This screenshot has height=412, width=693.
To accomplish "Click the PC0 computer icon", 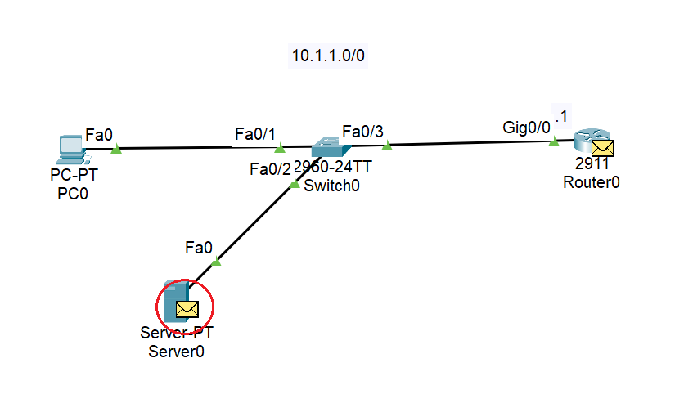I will click(x=70, y=147).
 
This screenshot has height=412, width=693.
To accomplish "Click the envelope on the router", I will click(x=603, y=148).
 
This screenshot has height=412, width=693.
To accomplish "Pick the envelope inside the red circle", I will click(x=187, y=309).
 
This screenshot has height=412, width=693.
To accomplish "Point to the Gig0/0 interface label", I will click(x=527, y=128).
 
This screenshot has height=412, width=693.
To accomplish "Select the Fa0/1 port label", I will click(x=255, y=133).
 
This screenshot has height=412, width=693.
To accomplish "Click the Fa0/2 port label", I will click(x=270, y=169).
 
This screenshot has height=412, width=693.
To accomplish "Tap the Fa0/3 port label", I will click(x=362, y=131).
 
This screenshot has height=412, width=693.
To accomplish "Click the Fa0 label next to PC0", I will click(x=98, y=134).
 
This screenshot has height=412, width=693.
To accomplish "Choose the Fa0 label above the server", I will click(x=199, y=245).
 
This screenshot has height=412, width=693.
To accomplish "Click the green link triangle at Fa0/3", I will click(x=388, y=146).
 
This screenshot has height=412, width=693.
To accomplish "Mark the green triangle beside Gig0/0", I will click(x=554, y=142).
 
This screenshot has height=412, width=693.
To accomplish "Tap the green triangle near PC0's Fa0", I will click(x=116, y=149).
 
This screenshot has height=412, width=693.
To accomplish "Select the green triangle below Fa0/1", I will click(x=279, y=148).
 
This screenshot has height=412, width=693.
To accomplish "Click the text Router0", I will click(x=591, y=181).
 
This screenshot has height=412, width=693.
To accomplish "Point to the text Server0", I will click(x=176, y=352).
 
